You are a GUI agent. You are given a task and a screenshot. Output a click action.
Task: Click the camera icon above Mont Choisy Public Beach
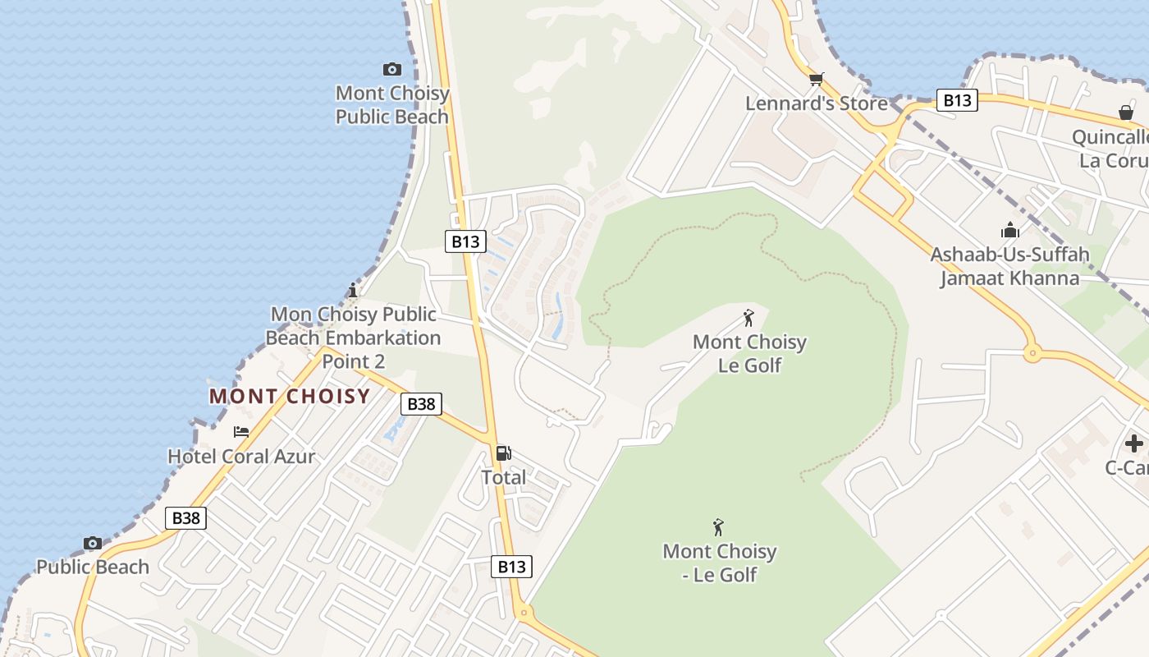pos(392,70)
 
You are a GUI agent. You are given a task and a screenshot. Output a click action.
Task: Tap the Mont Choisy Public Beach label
pos(392,105)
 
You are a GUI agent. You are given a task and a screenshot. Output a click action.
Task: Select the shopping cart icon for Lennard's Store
pos(816,80)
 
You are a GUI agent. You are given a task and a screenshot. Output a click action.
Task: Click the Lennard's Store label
pos(816,103)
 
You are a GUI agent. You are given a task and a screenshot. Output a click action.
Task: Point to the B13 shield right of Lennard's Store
pos(957,101)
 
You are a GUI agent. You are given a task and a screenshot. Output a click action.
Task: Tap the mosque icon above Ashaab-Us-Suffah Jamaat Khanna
pos(1009,231)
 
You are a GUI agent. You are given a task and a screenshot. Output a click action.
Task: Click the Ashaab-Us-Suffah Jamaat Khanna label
pos(1009,266)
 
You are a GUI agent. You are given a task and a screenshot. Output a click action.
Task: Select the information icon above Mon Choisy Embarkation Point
pos(353,290)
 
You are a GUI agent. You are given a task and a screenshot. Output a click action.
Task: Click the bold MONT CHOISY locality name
pos(290,397)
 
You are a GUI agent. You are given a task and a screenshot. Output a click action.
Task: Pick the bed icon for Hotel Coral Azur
pos(241,432)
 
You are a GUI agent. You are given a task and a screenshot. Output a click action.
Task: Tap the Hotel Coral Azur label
pos(241,457)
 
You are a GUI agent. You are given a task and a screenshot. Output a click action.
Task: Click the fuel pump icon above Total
pos(503,453)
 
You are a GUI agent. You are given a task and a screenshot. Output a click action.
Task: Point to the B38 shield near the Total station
pos(421,404)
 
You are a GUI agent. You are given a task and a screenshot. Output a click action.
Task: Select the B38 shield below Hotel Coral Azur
pos(185,518)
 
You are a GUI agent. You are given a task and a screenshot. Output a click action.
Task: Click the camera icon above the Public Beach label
pos(93,543)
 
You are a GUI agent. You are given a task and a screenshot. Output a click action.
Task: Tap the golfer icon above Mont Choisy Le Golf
pos(748,318)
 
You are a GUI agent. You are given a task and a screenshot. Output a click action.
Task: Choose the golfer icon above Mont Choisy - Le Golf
pos(719,527)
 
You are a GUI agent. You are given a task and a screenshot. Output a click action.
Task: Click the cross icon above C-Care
pos(1134,444)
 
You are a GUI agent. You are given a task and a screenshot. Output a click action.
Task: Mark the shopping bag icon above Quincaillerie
pos(1125,113)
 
